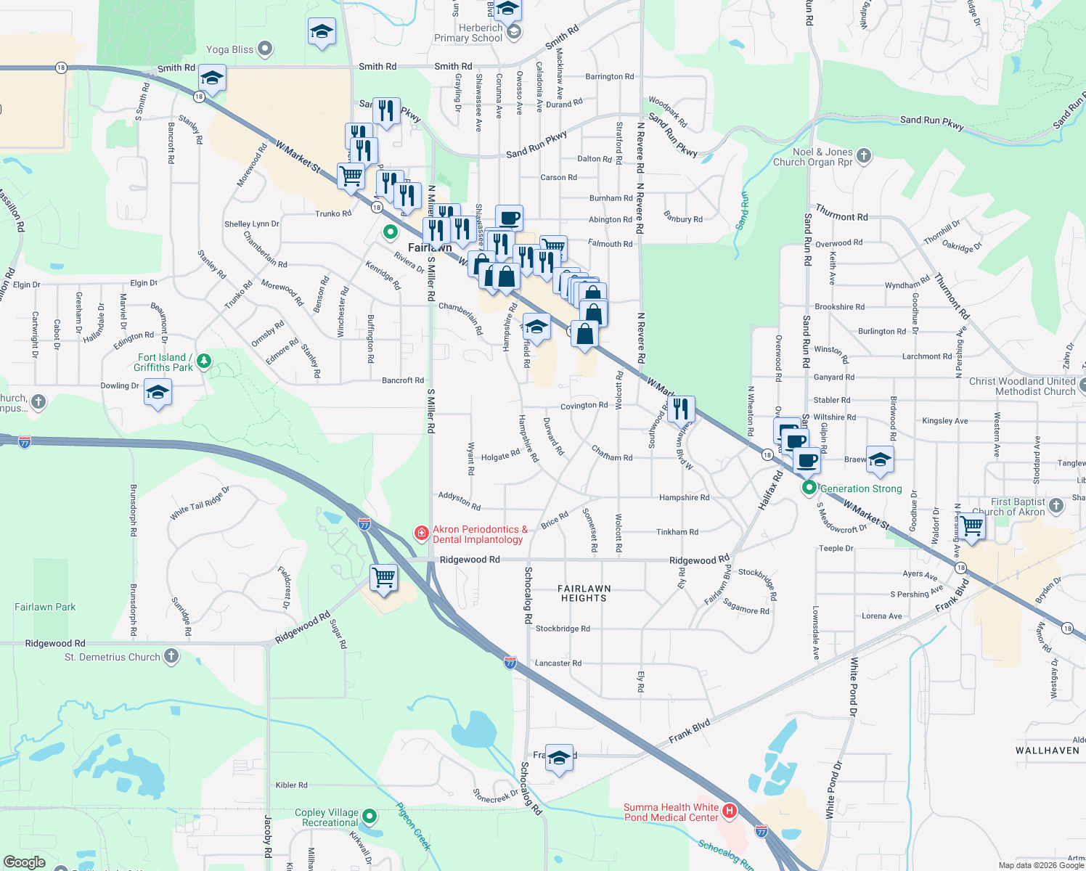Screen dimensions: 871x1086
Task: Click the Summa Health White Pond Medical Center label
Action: [x=671, y=812]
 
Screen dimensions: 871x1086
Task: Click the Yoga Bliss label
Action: [x=229, y=49]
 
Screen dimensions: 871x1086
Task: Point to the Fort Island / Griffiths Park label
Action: [x=165, y=362]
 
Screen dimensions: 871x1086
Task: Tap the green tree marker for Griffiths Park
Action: [x=204, y=361]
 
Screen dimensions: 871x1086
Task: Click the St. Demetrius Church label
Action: [x=113, y=657]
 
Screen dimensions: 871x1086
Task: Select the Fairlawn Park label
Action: [x=45, y=607]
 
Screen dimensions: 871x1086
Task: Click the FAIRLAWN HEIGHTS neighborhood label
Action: [x=584, y=594]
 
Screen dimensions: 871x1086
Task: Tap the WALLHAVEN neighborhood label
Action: [x=1047, y=751]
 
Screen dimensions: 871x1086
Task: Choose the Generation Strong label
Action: [x=861, y=488]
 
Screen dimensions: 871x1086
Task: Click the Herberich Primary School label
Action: [x=468, y=33]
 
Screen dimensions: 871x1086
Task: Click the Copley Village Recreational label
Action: [x=327, y=817]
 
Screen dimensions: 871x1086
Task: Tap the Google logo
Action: [x=24, y=862]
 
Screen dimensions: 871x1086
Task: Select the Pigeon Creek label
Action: [x=413, y=826]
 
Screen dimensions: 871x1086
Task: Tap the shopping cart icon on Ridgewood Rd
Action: [x=383, y=578]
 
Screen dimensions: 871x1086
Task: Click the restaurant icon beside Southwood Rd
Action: [x=680, y=409]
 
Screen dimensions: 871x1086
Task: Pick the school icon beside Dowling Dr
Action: [x=158, y=393]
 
